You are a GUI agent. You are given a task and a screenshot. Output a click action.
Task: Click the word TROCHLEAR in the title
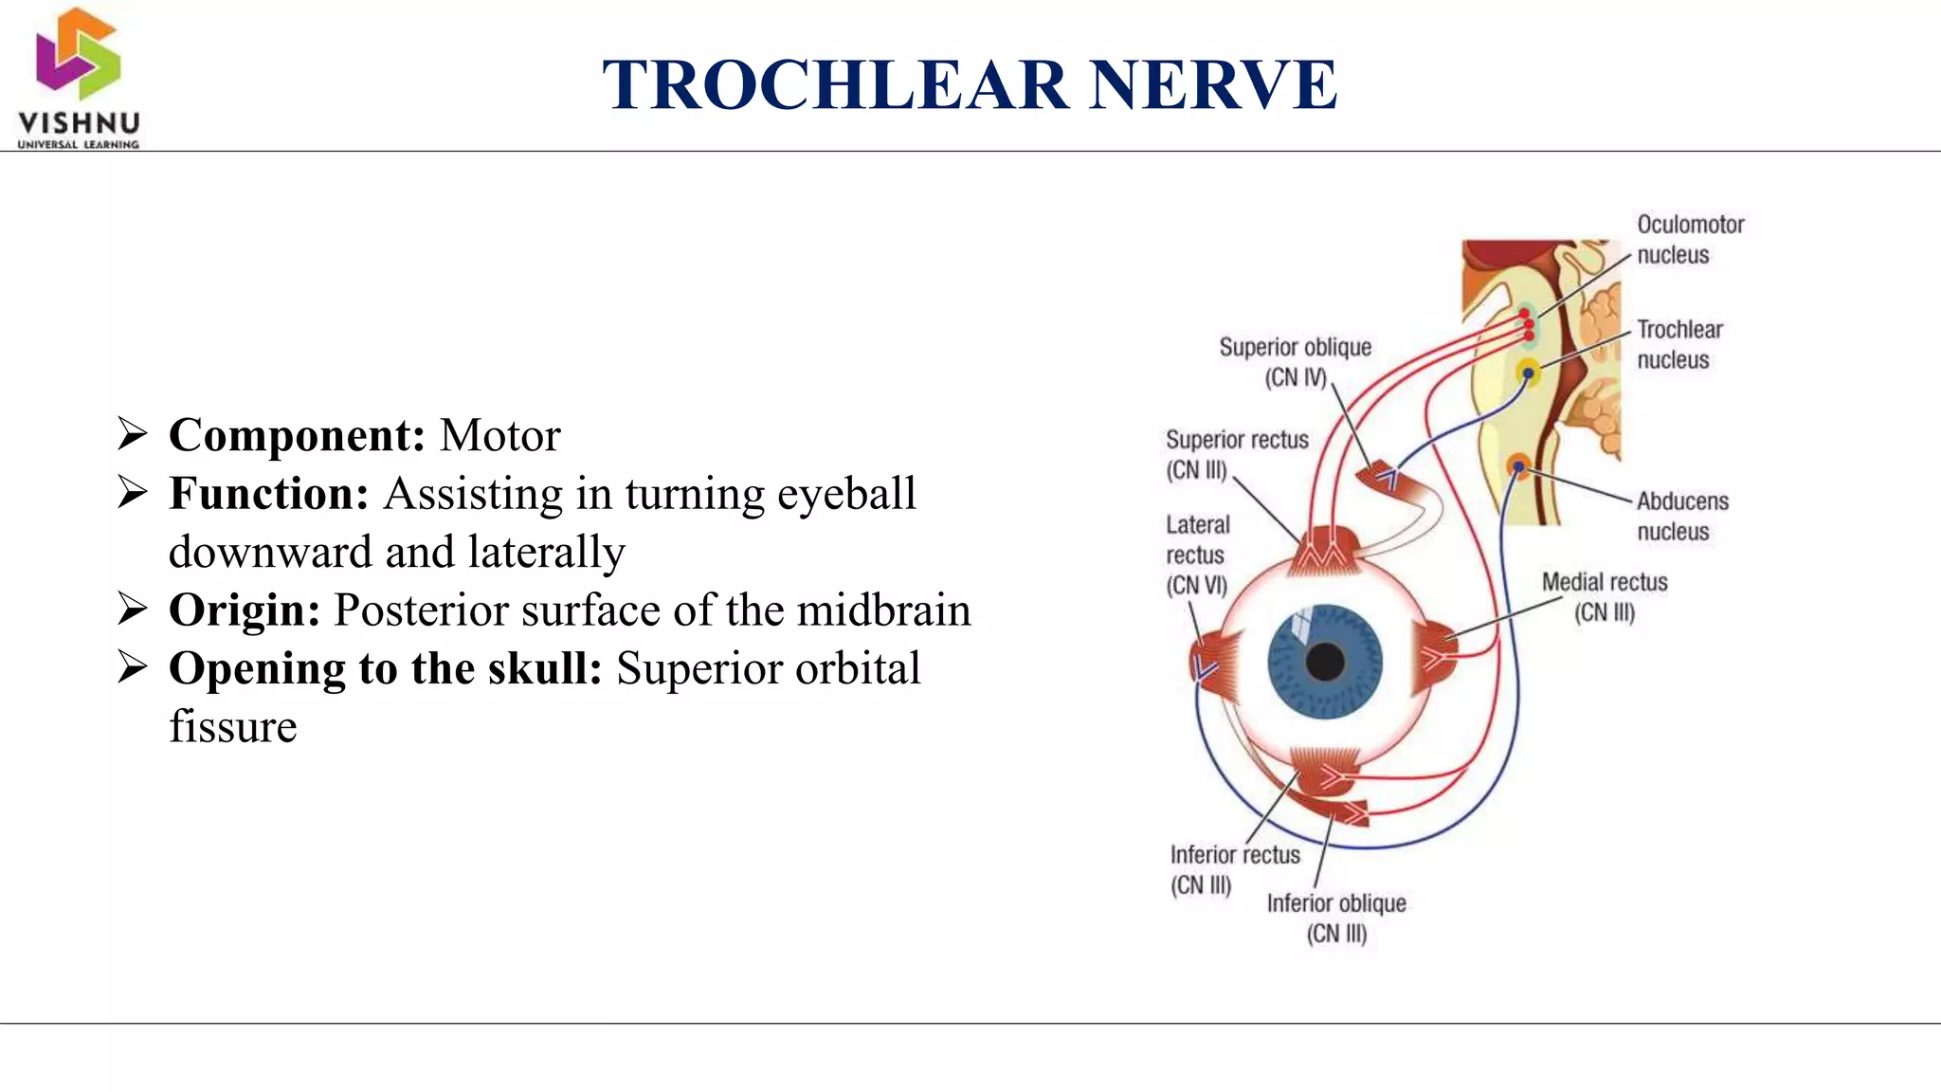tap(834, 85)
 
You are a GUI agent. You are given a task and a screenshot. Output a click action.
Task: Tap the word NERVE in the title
tap(1213, 85)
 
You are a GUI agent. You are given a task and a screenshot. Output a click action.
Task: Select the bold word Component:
tap(297, 436)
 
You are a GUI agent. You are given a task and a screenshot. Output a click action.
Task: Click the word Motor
tap(500, 436)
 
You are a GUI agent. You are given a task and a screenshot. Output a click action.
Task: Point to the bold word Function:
tap(268, 494)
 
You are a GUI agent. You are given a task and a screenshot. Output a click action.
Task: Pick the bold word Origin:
tap(245, 610)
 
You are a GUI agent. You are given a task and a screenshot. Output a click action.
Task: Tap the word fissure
tap(233, 727)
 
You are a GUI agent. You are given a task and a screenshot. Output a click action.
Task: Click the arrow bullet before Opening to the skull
tap(133, 668)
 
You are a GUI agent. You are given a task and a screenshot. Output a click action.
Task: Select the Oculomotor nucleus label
tap(1690, 240)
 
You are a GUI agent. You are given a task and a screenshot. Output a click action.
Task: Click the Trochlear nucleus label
tap(1679, 345)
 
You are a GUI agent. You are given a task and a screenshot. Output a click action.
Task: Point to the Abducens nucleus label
tap(1682, 517)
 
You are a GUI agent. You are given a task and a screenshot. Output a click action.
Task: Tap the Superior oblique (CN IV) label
tap(1295, 362)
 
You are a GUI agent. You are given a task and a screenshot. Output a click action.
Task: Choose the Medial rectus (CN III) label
tap(1605, 597)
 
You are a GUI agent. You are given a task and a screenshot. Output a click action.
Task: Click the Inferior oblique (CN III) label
tap(1336, 918)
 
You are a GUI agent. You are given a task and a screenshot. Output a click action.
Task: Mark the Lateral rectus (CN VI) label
tap(1197, 555)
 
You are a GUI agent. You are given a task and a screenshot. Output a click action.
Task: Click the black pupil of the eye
tap(1325, 662)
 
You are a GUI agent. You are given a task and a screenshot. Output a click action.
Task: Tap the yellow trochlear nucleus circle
tap(1528, 373)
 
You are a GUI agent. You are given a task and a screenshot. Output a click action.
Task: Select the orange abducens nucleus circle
tap(1518, 466)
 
